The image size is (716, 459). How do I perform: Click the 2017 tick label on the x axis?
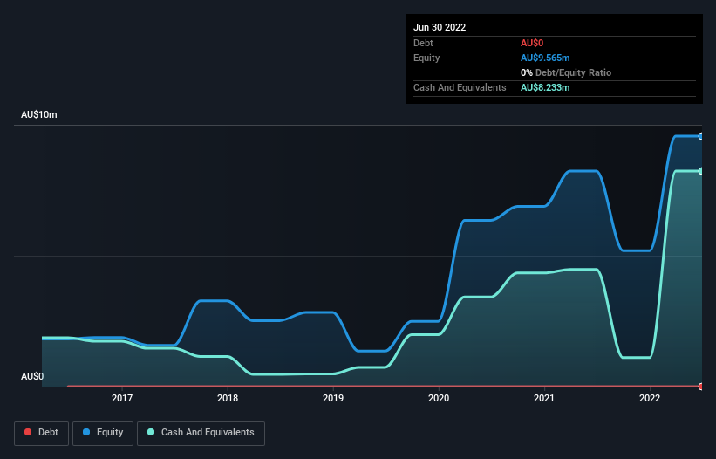[x=122, y=398]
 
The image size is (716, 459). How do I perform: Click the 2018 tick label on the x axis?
[x=228, y=398]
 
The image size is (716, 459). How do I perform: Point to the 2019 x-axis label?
[x=333, y=398]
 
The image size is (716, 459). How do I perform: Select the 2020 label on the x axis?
[x=439, y=398]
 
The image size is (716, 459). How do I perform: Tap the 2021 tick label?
[x=544, y=398]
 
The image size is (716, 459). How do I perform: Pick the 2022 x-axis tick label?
[x=650, y=398]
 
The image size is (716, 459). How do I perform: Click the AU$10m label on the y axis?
[x=39, y=115]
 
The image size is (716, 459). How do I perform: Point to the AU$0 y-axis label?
[x=32, y=377]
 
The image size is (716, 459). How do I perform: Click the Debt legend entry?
[x=41, y=433]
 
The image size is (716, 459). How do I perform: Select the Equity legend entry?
[x=104, y=433]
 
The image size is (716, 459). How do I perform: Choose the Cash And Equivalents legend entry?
[x=201, y=433]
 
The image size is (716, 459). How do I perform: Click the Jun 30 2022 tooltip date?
[x=440, y=27]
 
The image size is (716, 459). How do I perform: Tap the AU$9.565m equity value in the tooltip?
[x=545, y=58]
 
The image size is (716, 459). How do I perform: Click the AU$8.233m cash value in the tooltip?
[x=545, y=88]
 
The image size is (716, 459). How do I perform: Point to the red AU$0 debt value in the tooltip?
[x=533, y=43]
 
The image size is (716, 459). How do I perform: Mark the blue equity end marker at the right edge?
[x=700, y=136]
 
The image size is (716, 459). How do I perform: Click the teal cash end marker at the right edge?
[x=700, y=171]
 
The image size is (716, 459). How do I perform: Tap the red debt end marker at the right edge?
[x=700, y=386]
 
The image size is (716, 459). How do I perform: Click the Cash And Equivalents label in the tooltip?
[x=460, y=88]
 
